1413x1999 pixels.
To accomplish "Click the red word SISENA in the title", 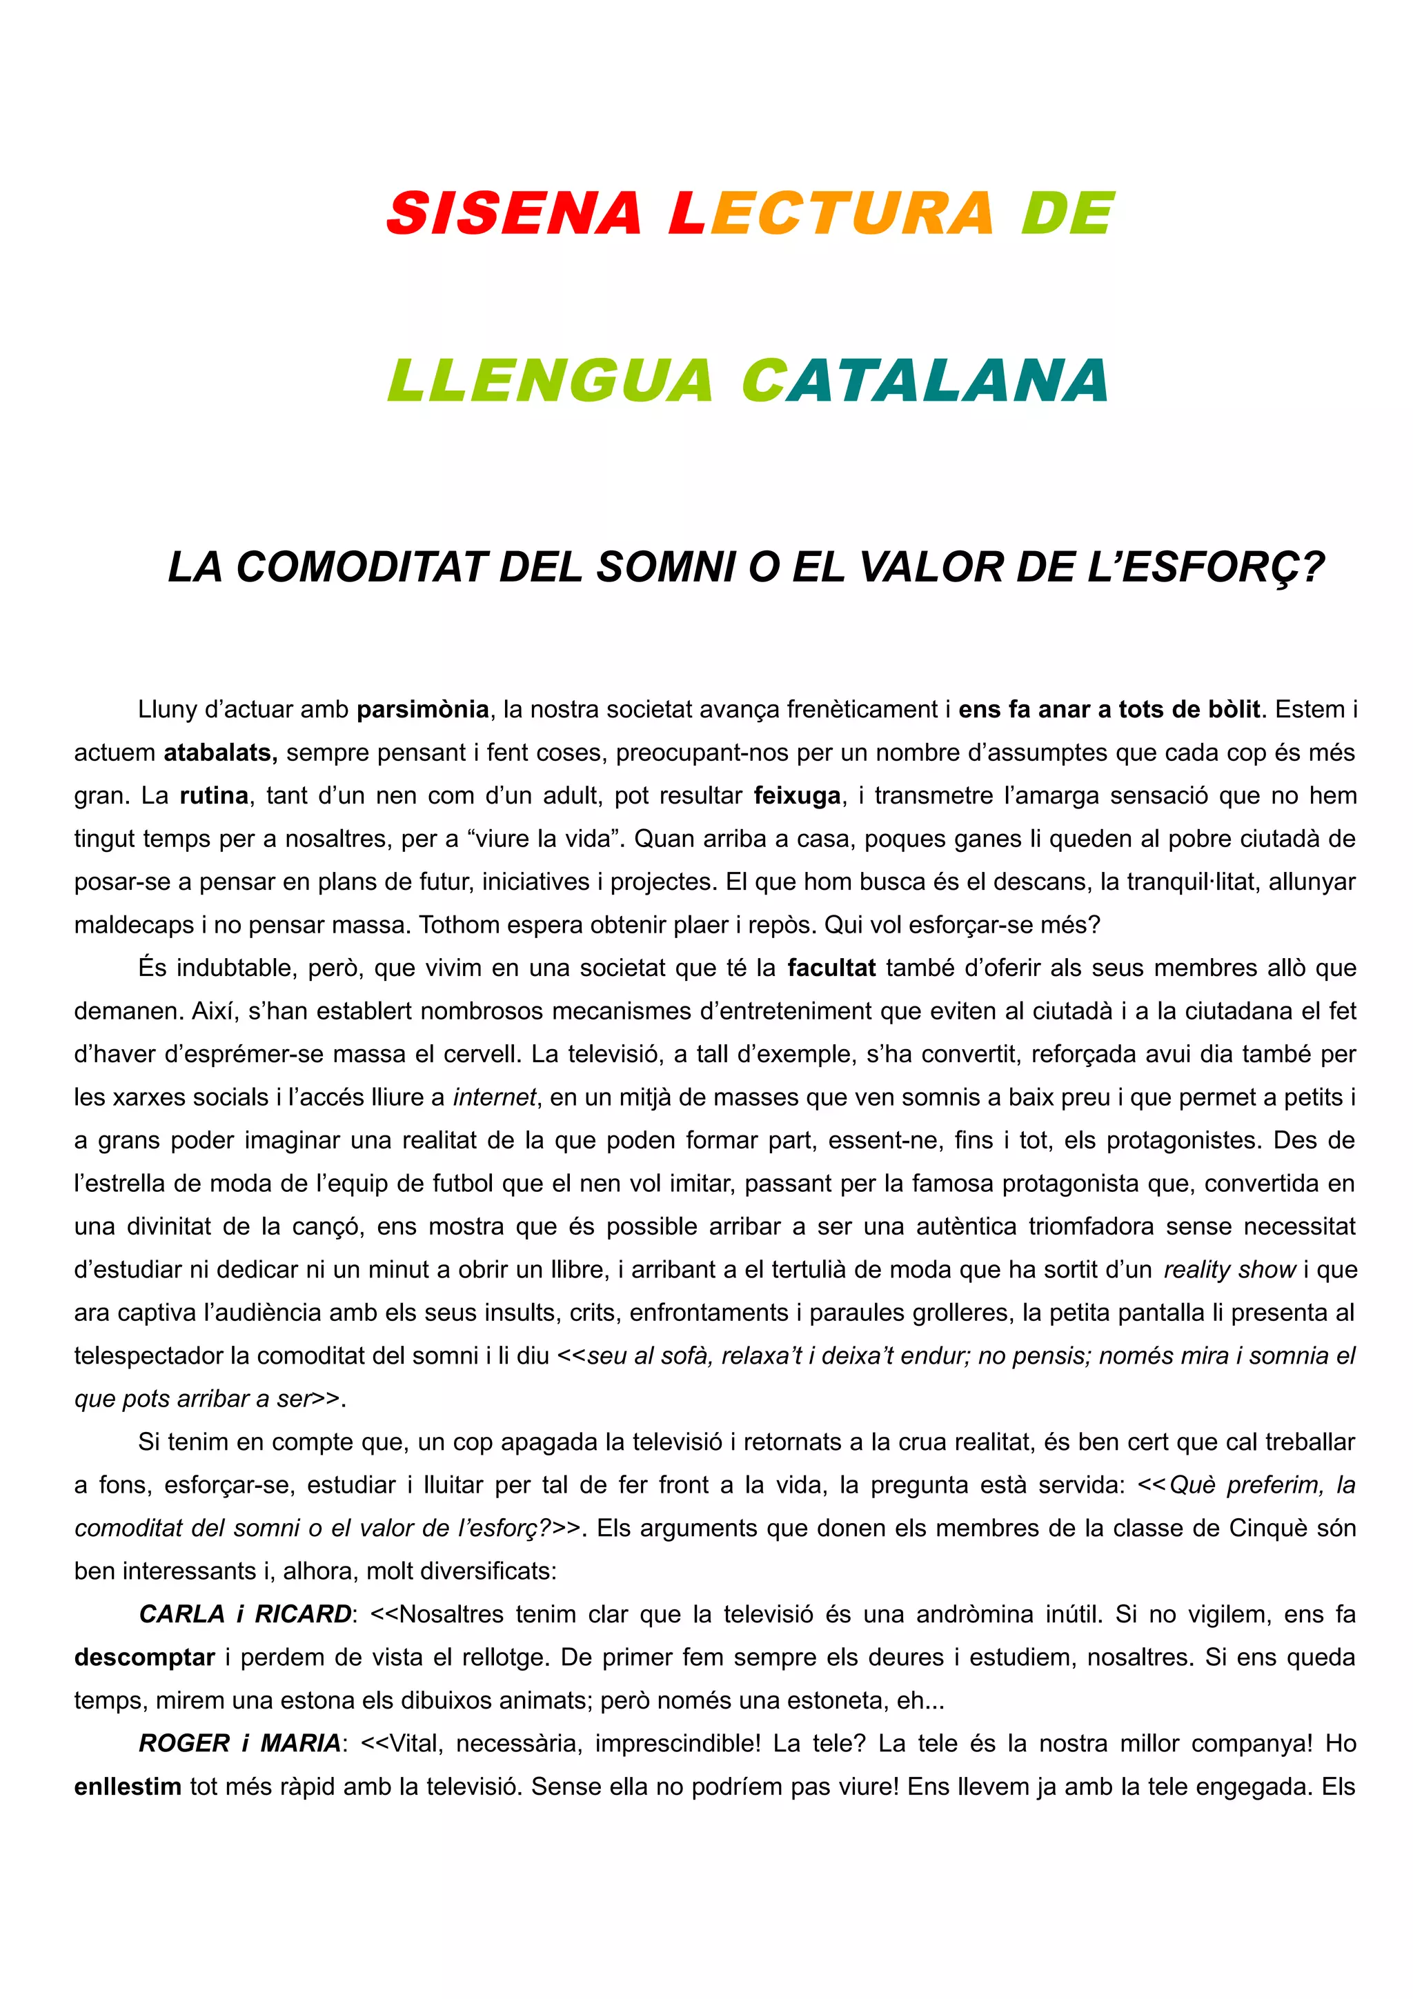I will [x=513, y=213].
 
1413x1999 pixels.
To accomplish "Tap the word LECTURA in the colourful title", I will [x=831, y=213].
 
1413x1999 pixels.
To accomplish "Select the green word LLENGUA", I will [x=550, y=381].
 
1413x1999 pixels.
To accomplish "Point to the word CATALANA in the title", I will [x=925, y=381].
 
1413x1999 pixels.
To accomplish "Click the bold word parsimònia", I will [x=422, y=710].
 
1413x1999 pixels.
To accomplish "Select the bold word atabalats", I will [x=220, y=753].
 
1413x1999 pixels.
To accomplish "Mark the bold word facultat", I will [x=831, y=968].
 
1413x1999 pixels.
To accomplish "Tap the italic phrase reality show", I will [x=1229, y=1269].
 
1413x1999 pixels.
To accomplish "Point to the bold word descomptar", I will [x=144, y=1657].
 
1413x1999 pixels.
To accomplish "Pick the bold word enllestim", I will [x=128, y=1787].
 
